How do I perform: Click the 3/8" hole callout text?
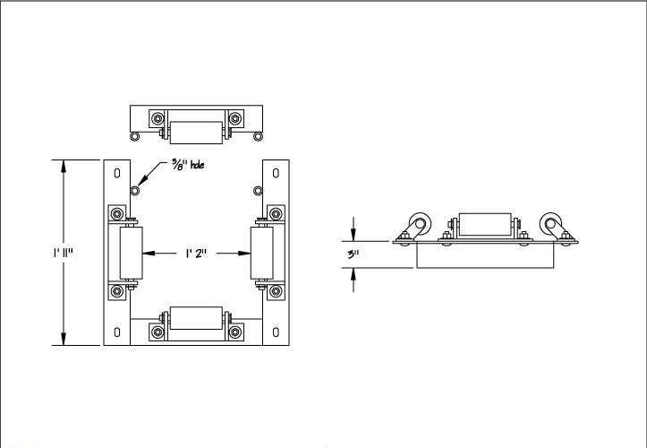[x=188, y=165]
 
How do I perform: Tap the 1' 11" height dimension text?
[x=63, y=253]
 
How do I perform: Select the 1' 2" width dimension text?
[x=196, y=254]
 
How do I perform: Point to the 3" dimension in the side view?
[x=353, y=254]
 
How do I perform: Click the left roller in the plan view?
[x=132, y=253]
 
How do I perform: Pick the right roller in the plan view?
[x=262, y=253]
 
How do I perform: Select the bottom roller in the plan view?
[x=196, y=318]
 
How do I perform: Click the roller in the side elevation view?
[x=485, y=224]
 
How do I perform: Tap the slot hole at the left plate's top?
[x=117, y=173]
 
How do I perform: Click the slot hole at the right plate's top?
[x=276, y=173]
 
